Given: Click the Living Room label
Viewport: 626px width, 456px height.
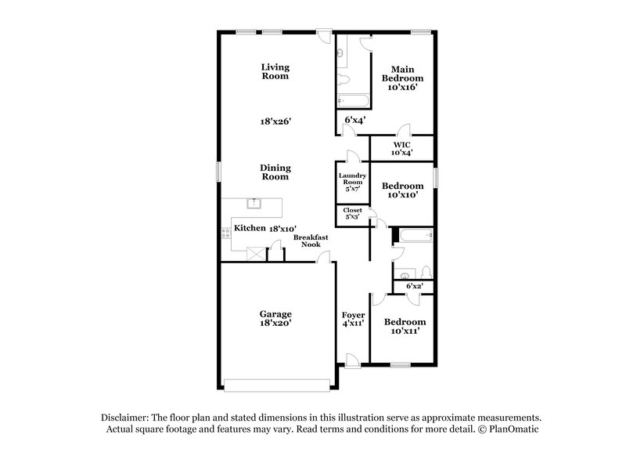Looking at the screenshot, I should (x=275, y=72).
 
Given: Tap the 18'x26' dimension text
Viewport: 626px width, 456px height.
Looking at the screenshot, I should (x=275, y=121).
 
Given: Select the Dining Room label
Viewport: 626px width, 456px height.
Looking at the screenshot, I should (x=275, y=172).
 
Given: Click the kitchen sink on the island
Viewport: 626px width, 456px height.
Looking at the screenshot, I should (x=254, y=204).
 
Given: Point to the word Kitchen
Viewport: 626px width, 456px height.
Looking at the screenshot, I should (x=250, y=228).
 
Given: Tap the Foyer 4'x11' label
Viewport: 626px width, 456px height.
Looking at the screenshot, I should (x=354, y=319).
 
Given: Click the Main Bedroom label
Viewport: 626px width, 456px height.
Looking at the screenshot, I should (x=402, y=78).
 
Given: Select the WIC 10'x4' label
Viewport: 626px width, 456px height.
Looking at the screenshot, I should (x=402, y=148).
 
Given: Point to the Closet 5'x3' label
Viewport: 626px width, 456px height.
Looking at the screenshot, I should (x=352, y=213).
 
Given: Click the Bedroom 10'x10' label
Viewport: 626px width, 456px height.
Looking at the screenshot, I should (x=402, y=190).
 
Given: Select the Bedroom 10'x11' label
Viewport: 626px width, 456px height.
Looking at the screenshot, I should (x=404, y=327).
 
